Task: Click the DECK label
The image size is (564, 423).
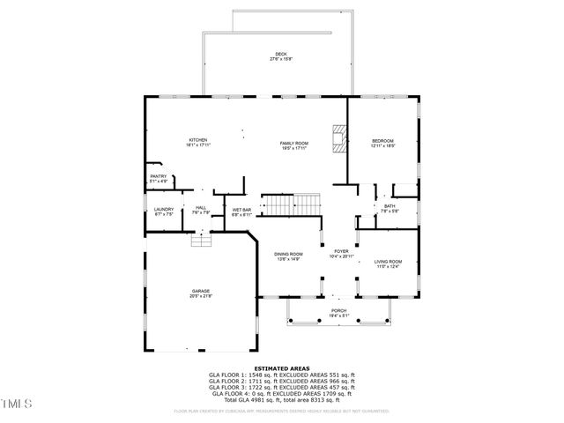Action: point(280,55)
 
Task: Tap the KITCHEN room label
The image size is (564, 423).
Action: point(197,141)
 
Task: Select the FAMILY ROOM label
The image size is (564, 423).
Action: point(294,143)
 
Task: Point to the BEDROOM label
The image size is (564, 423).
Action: point(382,141)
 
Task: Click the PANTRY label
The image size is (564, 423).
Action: point(159,177)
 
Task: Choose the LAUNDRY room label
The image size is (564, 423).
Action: point(165,210)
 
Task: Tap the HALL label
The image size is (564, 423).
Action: point(200,210)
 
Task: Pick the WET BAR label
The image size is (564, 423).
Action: point(241,211)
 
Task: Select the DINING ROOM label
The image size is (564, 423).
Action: point(288,255)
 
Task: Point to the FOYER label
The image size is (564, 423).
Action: point(341,252)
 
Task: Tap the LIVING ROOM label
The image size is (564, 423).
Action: point(388,262)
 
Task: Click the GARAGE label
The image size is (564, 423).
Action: point(202,292)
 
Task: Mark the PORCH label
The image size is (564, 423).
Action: point(339,311)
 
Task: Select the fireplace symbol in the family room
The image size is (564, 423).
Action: point(338,139)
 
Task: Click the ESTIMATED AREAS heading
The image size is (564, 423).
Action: point(281,367)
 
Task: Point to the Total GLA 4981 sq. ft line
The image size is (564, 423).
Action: point(281,399)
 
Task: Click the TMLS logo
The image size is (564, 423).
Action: point(16,404)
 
